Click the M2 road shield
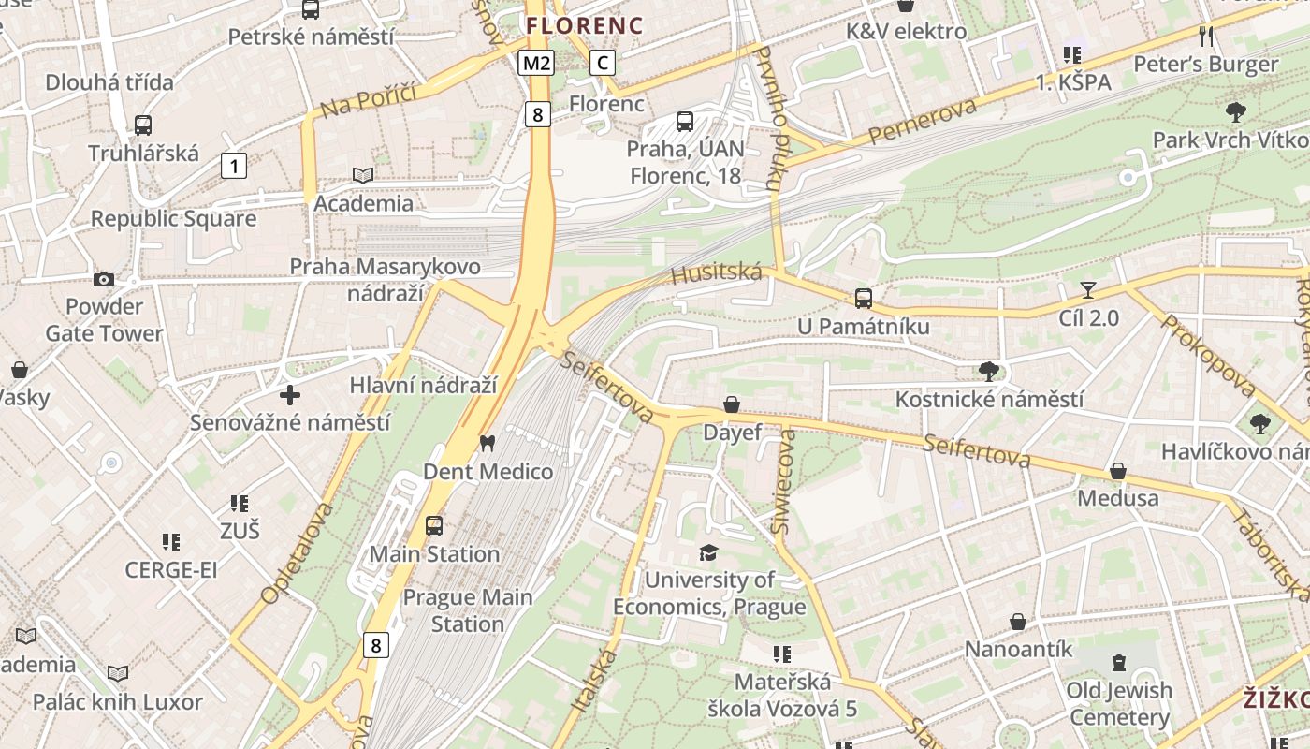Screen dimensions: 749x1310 click(537, 63)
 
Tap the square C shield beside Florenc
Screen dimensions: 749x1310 click(603, 63)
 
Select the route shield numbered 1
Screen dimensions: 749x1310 click(234, 167)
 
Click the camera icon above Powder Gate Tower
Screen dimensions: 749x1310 click(104, 279)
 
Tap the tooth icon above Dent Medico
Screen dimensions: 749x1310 click(487, 443)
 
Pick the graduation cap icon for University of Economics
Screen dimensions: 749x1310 click(708, 552)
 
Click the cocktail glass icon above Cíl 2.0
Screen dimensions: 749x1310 click(1087, 289)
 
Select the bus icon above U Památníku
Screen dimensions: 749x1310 click(863, 299)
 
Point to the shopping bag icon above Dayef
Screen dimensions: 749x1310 click(732, 404)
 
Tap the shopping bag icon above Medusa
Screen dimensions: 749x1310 click(1117, 471)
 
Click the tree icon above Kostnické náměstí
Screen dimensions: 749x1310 click(988, 371)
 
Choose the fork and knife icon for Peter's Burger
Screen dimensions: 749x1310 click(1206, 37)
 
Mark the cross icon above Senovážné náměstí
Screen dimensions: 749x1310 click(290, 395)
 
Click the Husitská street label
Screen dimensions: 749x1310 click(717, 272)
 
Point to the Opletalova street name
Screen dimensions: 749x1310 click(298, 552)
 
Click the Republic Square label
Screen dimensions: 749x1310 click(173, 219)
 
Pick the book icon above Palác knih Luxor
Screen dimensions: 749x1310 click(117, 673)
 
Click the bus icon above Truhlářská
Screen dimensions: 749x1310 click(143, 125)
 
